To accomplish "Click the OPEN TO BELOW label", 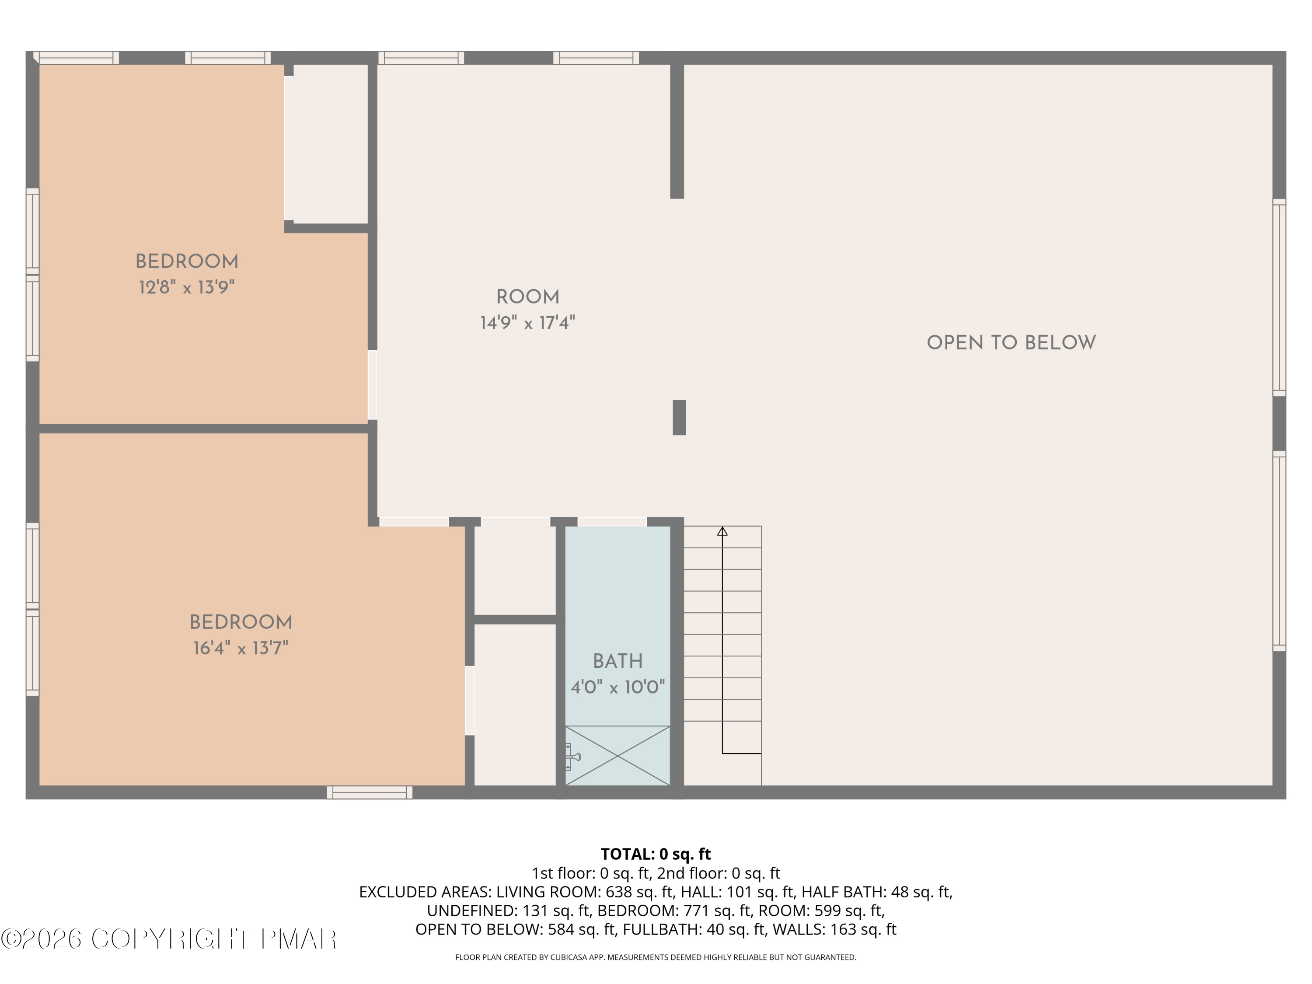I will [x=1011, y=343].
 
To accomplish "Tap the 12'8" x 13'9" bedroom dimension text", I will [x=187, y=288].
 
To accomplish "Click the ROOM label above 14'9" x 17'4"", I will [x=527, y=297].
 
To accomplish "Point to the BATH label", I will [x=618, y=661].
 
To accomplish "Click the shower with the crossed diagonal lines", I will [x=618, y=756].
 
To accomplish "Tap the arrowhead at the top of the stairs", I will [x=722, y=531].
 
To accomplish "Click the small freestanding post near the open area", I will [x=679, y=418].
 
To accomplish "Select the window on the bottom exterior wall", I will [x=370, y=792].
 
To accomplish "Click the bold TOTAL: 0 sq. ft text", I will [x=656, y=854].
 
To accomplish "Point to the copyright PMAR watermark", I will [x=169, y=939].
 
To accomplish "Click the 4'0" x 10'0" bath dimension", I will [x=618, y=687].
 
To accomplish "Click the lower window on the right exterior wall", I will [x=1279, y=551].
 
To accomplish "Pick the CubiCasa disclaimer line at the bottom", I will [x=656, y=957].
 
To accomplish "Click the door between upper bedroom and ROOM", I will [x=373, y=386].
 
